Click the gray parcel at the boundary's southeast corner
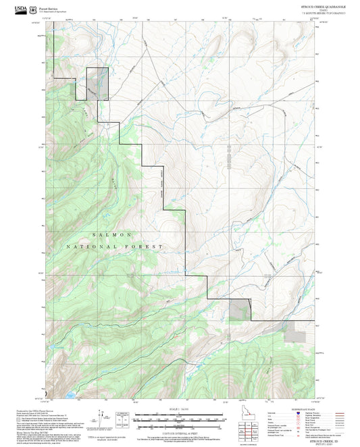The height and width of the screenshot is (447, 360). [239, 310]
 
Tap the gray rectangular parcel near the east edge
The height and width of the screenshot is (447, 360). [295, 334]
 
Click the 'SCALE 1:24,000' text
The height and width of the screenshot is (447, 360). [180, 409]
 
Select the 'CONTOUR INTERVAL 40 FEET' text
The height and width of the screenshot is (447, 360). [180, 433]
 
